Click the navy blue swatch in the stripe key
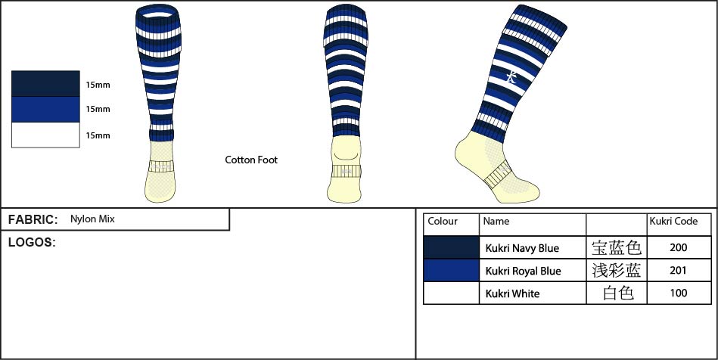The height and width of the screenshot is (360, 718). [45, 83]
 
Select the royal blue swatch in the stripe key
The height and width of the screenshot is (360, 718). [45, 109]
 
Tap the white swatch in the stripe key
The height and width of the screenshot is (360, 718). [45, 135]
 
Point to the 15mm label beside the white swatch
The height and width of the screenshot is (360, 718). [98, 135]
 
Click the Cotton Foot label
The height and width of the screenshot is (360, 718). [251, 160]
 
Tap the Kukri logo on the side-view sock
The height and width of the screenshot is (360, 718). [512, 76]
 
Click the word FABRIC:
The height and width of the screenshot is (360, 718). [33, 220]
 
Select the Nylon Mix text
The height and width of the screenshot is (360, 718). [92, 219]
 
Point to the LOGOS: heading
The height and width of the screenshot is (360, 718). [32, 243]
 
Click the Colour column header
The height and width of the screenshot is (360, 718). [443, 222]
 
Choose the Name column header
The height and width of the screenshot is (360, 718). [496, 222]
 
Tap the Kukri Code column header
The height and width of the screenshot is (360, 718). [673, 222]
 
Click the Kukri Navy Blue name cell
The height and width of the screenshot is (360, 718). [522, 248]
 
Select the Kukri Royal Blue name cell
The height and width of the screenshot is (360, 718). [523, 271]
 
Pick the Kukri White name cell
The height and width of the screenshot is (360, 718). [512, 293]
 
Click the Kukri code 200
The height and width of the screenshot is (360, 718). [678, 247]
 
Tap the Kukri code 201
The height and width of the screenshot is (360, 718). [678, 270]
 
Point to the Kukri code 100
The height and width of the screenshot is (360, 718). [678, 293]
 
